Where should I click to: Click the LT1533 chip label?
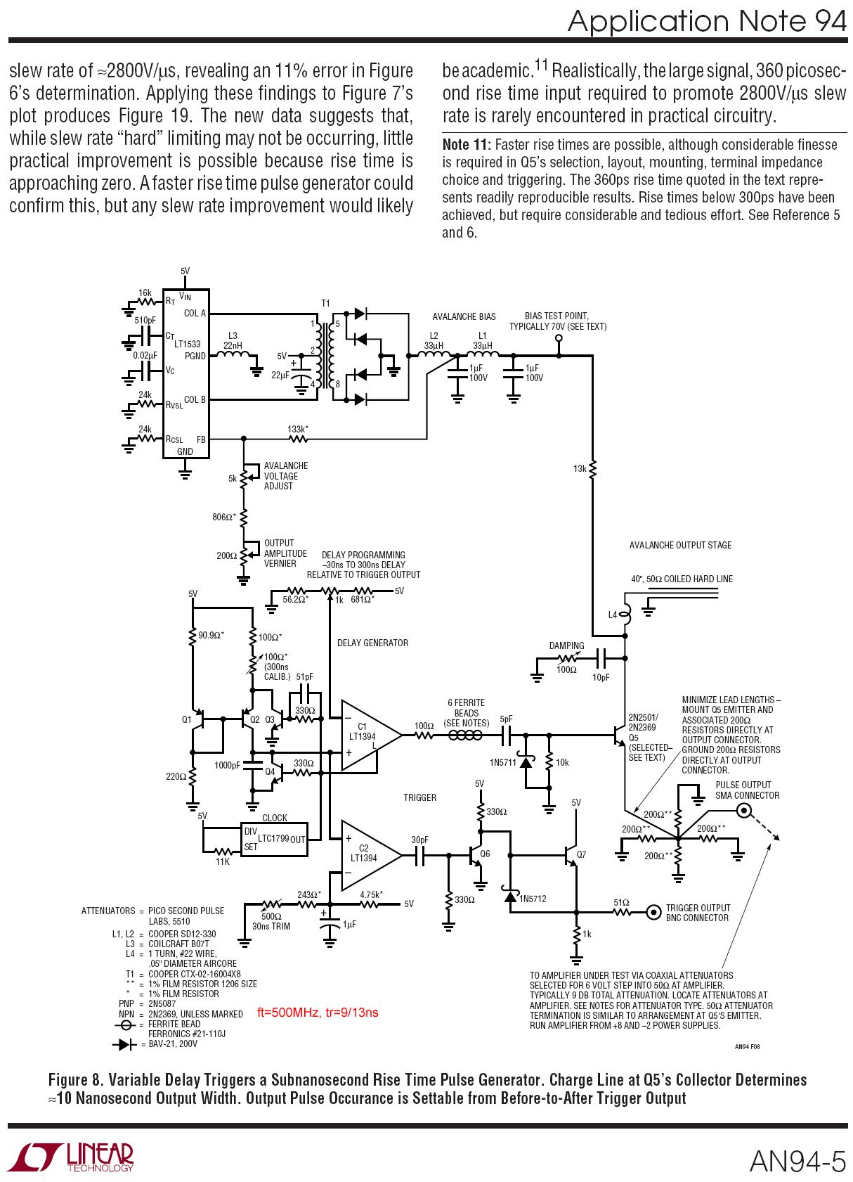coord(188,344)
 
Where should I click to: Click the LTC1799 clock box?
coord(274,839)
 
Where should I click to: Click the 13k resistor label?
coord(580,468)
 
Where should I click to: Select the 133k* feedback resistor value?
coord(297,429)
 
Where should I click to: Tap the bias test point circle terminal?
coord(559,338)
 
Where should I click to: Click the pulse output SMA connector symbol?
coord(743,811)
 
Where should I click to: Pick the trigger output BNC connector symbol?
coord(653,912)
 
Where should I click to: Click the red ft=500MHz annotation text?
coord(318,1013)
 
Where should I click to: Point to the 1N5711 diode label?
coord(503,762)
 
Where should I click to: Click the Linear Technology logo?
coord(70,1157)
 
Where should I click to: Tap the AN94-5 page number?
coord(797,1161)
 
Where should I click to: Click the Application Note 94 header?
coord(707,21)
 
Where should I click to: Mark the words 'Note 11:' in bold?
coord(466,145)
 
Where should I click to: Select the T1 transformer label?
coord(325,304)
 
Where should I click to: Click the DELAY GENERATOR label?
coord(372,643)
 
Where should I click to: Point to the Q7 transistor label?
coord(581,854)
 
